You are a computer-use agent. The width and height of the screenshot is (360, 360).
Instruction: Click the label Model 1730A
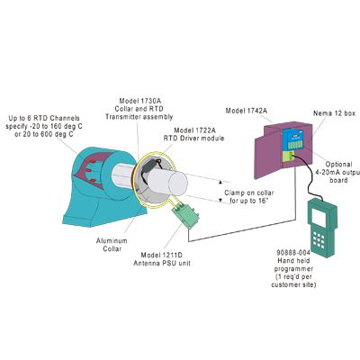(x=139, y=101)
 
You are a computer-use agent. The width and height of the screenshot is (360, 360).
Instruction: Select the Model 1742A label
(x=246, y=111)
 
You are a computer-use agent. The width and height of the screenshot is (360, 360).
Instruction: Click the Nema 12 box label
(x=334, y=113)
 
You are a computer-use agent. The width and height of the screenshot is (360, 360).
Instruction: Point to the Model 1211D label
(x=161, y=256)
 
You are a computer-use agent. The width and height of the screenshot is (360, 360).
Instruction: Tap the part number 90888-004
(x=289, y=253)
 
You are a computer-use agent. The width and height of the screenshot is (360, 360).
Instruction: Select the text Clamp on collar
(x=249, y=193)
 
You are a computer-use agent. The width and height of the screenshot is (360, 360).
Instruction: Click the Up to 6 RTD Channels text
(x=44, y=118)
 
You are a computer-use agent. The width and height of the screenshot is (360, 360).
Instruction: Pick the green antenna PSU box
(x=185, y=215)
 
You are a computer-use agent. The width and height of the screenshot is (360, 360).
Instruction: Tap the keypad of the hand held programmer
(x=319, y=240)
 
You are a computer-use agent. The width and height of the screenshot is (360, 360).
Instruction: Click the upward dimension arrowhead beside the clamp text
(x=220, y=182)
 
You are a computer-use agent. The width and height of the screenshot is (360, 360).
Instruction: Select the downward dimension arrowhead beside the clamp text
(x=220, y=200)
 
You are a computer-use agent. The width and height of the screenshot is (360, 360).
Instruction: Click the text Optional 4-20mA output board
(x=339, y=172)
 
